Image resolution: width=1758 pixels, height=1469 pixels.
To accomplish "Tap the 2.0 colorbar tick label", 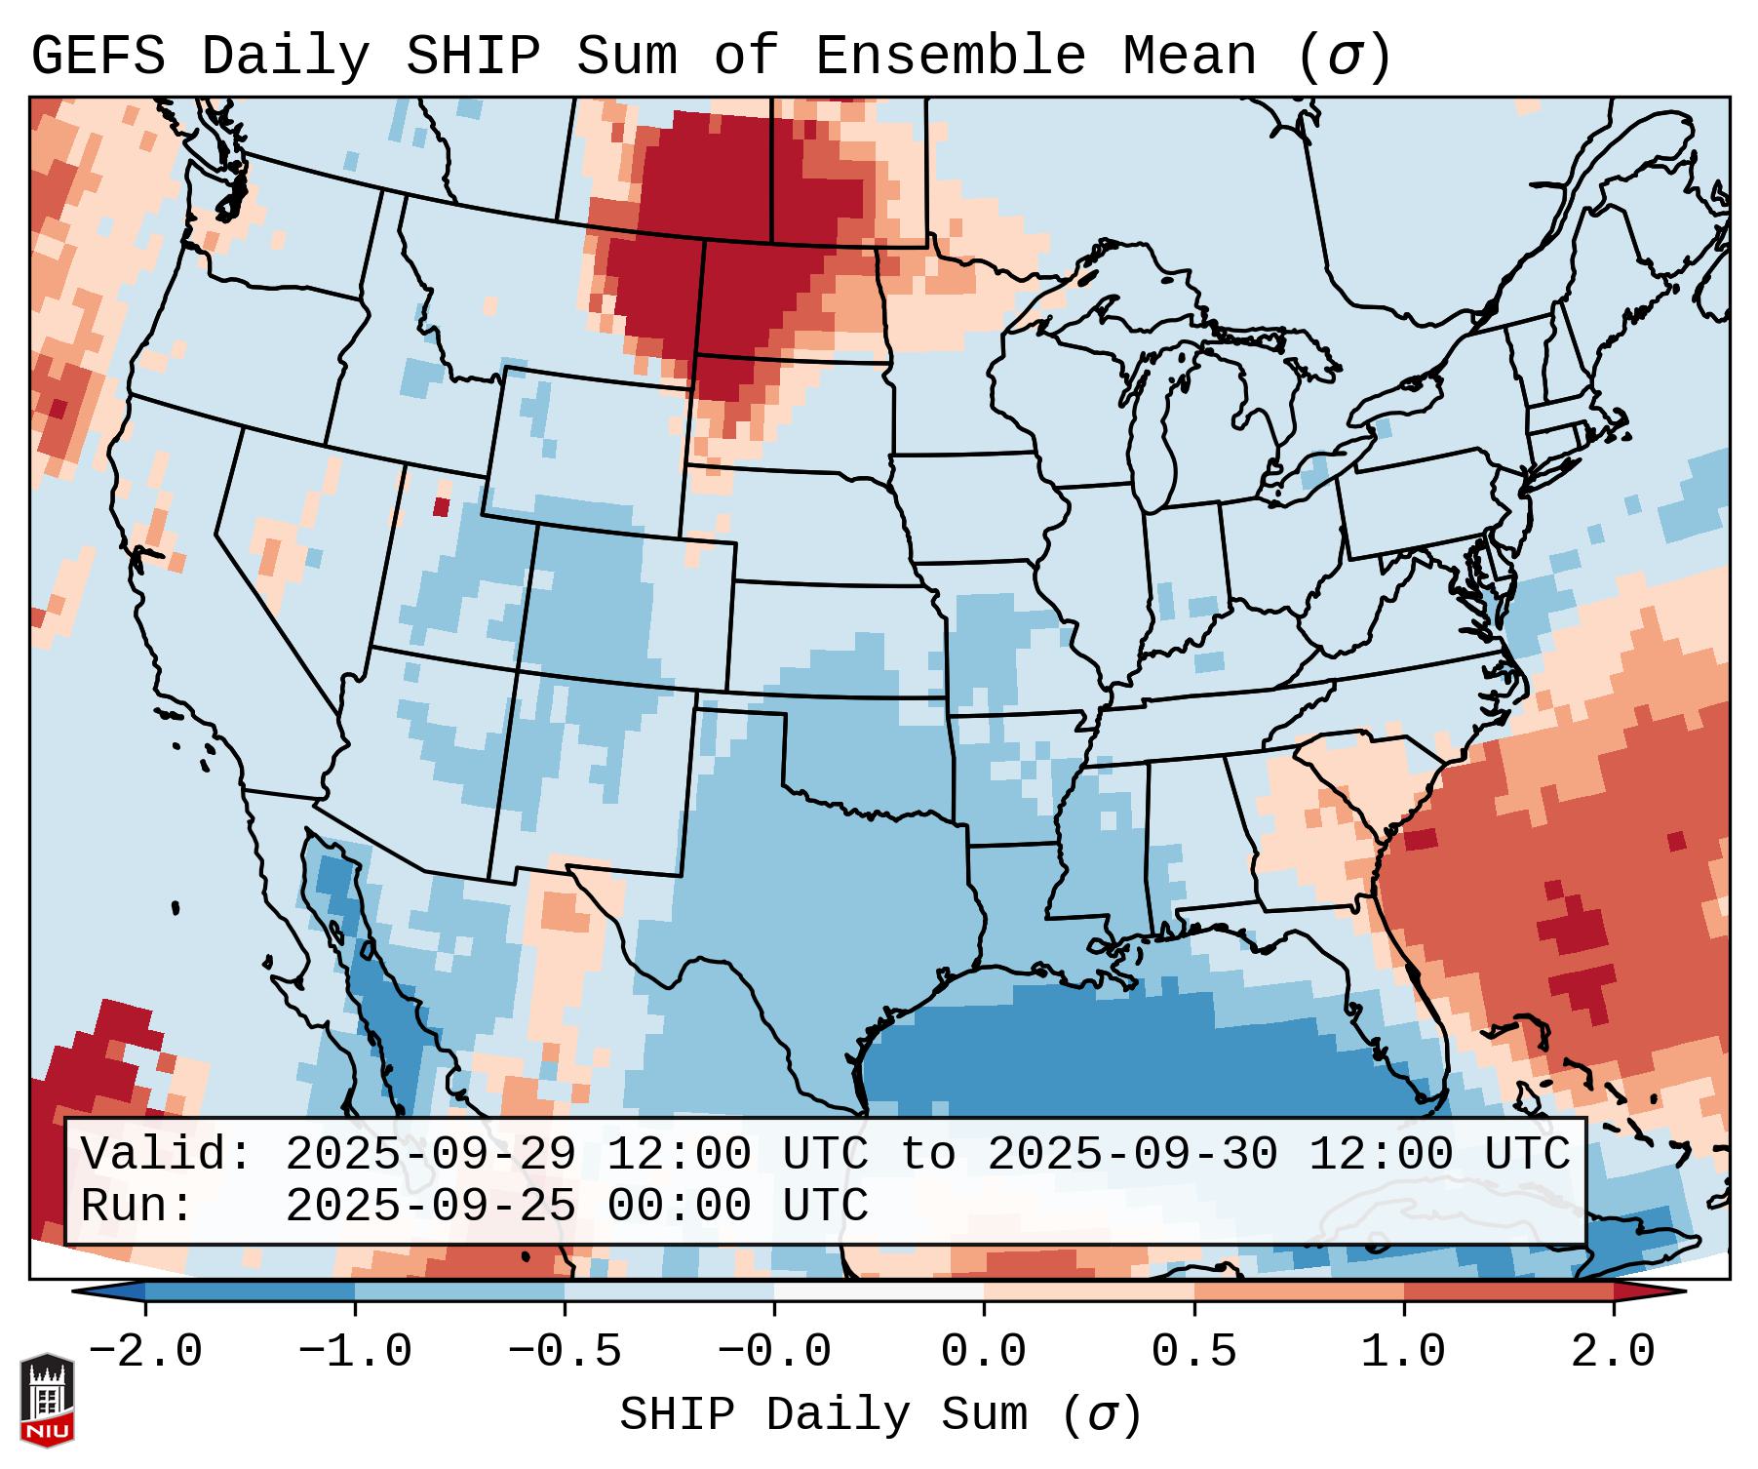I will coord(1613,1352).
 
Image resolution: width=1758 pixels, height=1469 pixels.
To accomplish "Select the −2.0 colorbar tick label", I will coord(145,1352).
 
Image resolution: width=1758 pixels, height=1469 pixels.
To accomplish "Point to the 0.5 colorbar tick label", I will coord(1193,1352).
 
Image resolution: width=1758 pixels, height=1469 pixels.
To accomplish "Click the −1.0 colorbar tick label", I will coord(355,1352).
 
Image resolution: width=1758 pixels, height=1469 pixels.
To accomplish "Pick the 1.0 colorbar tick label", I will coord(1403,1352).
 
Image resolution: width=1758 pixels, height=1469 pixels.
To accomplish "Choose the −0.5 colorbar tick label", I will coord(565,1352).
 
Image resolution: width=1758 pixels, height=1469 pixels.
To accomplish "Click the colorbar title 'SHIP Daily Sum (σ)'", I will coord(879,1414).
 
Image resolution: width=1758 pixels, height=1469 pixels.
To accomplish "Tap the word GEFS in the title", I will coord(98,56).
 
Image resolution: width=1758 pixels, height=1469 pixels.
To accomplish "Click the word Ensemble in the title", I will coord(950,56).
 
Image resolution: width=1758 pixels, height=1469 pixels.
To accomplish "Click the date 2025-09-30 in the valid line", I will coord(1132,1154).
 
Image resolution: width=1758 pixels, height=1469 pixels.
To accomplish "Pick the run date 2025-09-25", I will coord(430,1206).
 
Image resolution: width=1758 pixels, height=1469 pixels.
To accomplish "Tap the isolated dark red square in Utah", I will coord(441,506).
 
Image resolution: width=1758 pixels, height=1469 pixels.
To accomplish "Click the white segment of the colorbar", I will coord(879,1291).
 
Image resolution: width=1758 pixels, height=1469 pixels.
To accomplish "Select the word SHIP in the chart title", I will coord(472,56).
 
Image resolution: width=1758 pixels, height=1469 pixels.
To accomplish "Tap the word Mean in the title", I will coord(1189,56).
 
